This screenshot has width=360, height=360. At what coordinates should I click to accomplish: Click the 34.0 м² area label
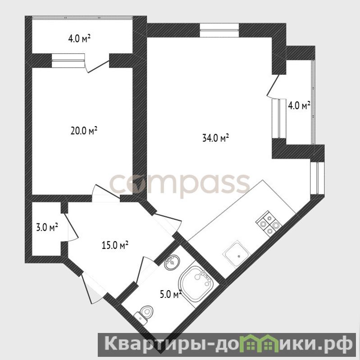click(215, 138)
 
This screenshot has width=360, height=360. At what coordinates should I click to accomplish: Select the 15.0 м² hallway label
click(115, 245)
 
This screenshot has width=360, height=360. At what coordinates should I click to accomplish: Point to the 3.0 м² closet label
click(47, 227)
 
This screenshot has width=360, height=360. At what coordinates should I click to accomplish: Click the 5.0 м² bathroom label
click(171, 294)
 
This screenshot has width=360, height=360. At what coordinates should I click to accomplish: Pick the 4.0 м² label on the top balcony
click(79, 38)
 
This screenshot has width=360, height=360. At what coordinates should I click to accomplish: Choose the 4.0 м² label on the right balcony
click(299, 105)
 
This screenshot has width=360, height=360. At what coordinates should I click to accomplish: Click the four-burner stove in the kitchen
click(269, 223)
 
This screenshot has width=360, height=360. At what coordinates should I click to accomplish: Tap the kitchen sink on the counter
click(237, 254)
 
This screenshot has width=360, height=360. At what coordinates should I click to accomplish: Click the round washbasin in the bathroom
click(172, 262)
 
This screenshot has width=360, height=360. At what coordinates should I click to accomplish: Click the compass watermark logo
click(179, 184)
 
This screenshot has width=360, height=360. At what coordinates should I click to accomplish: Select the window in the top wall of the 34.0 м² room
click(219, 30)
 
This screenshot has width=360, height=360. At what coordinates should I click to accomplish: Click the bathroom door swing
click(146, 269)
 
